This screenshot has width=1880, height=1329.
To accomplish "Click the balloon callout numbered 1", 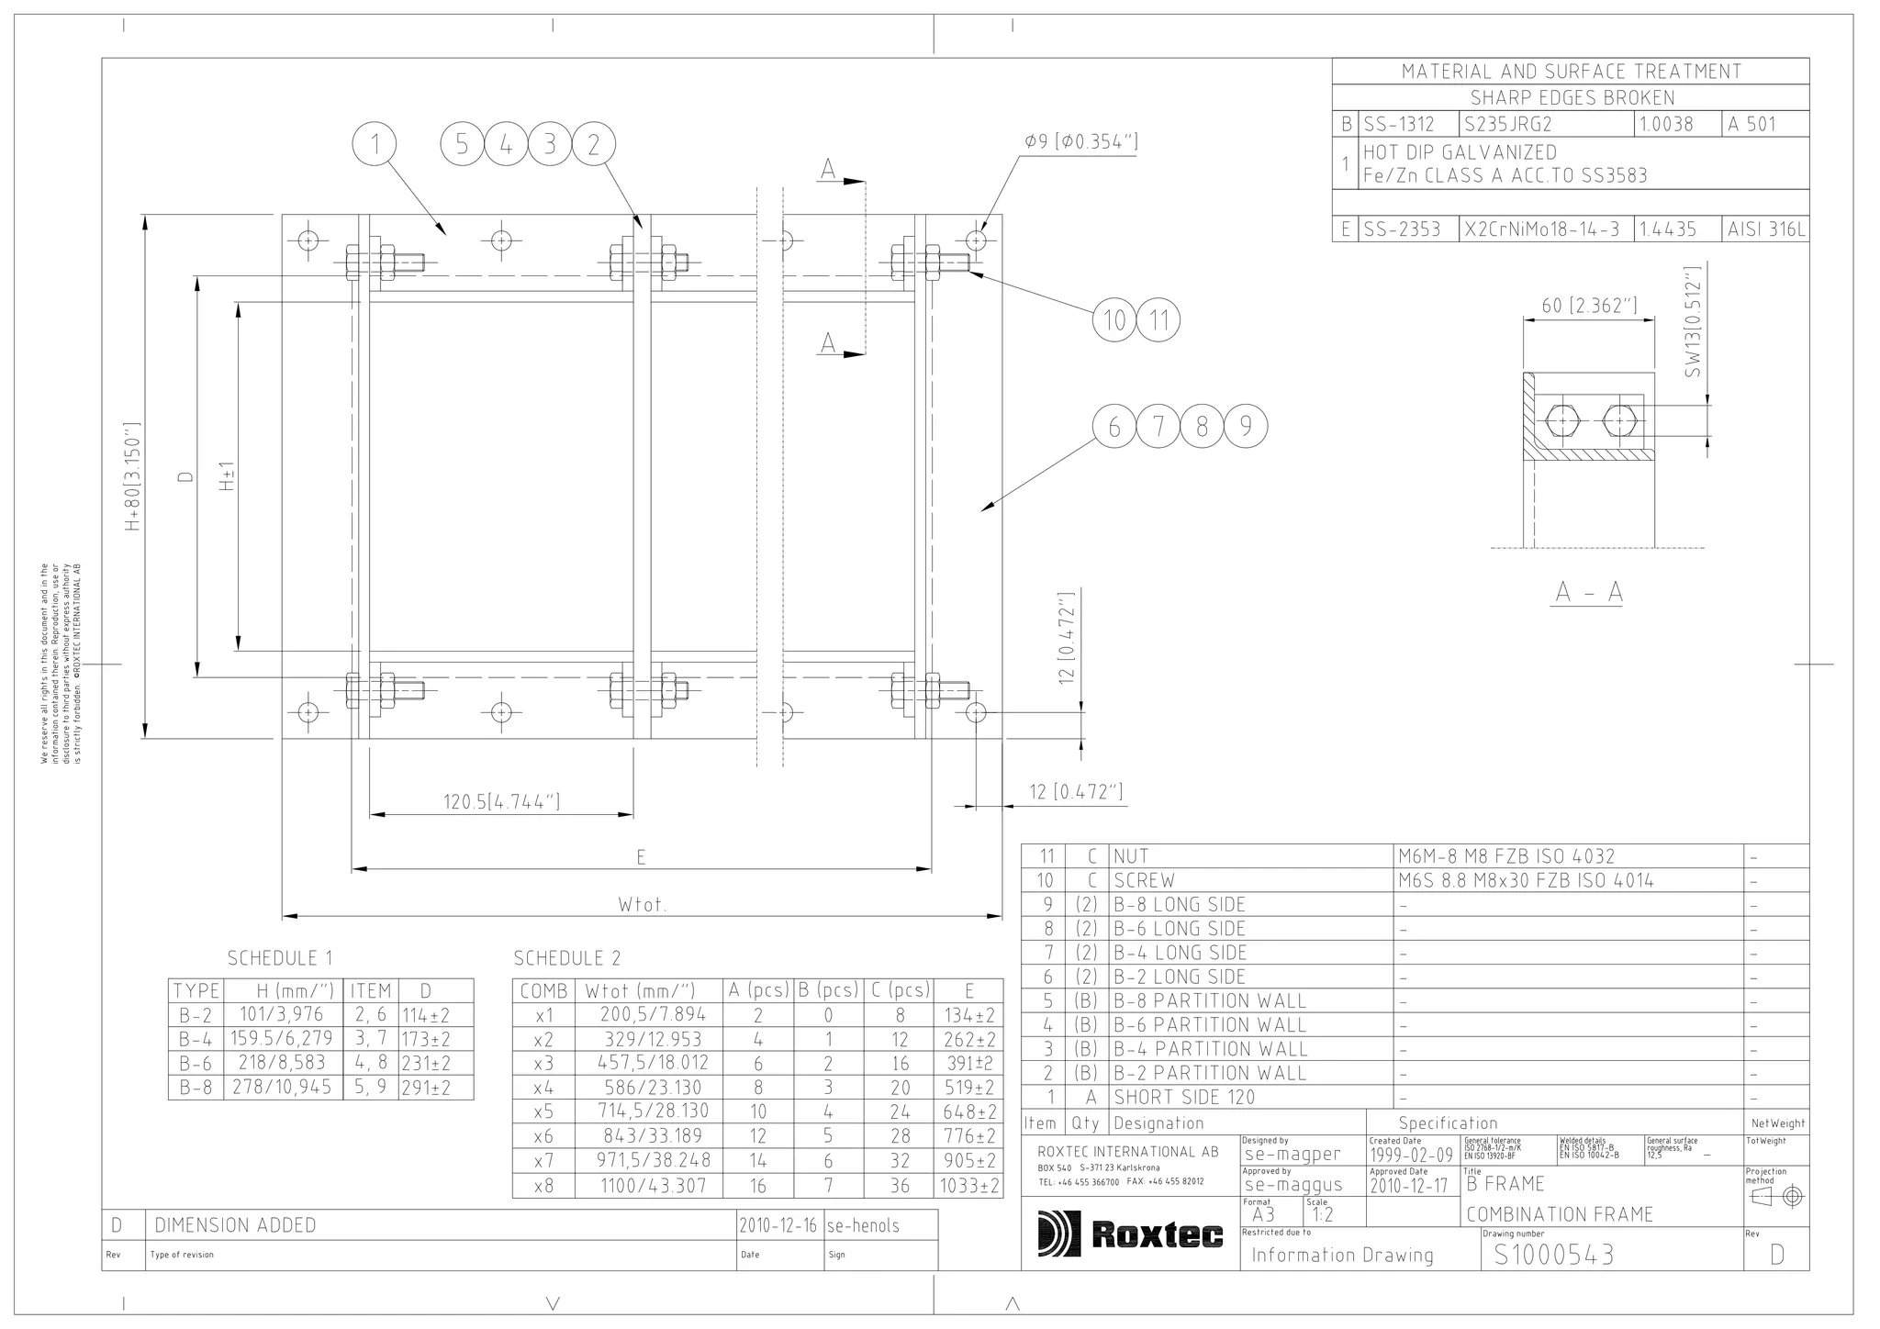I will [375, 144].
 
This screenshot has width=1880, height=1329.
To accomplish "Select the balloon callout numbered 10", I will [1114, 320].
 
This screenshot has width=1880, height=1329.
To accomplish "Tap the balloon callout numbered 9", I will [1246, 427].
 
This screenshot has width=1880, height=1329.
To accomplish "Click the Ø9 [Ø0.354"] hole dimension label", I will [1081, 141].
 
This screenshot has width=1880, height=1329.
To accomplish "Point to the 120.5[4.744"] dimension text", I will [501, 801].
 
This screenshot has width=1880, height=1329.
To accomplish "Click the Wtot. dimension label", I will [642, 905].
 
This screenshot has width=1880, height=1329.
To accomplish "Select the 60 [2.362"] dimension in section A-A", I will [1589, 306].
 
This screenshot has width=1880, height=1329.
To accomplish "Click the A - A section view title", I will [1589, 593].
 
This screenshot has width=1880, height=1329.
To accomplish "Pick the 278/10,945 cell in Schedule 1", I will [283, 1087].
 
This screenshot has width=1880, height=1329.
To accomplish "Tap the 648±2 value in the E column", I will [969, 1111].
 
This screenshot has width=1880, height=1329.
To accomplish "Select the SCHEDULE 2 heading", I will [566, 958].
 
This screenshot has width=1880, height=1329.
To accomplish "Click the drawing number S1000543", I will [1553, 1255].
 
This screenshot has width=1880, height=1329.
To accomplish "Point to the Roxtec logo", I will [1131, 1234].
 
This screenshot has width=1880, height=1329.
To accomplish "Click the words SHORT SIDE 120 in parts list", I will [1184, 1097].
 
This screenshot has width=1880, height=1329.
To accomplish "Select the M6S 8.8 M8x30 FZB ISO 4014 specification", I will [1526, 880].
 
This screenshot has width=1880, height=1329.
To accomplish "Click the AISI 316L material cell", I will [1766, 229].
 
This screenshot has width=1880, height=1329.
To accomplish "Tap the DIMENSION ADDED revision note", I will [235, 1225].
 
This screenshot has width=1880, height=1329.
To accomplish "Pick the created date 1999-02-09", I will [1411, 1155].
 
